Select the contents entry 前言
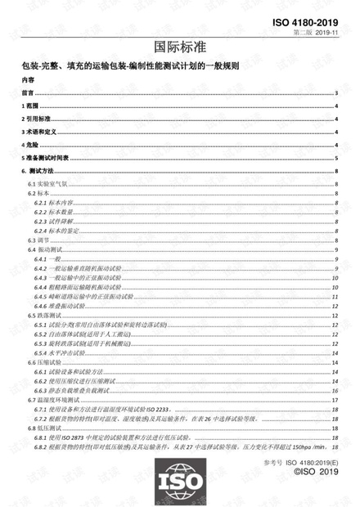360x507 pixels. point(27,95)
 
